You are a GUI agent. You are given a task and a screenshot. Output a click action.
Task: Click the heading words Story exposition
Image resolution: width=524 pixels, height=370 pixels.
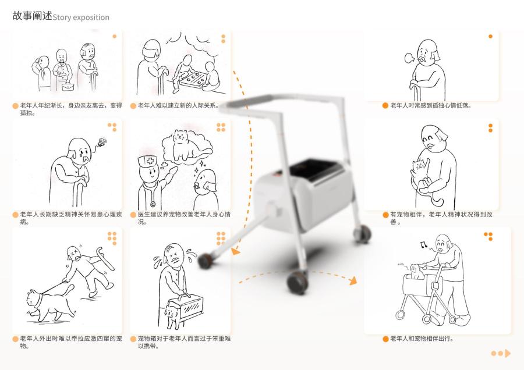pyautogui.click(x=81, y=17)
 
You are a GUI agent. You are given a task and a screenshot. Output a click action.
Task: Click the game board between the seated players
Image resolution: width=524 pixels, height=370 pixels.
pyautogui.click(x=191, y=80)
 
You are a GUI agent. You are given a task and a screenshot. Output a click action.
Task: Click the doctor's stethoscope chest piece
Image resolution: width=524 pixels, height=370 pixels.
pyautogui.click(x=153, y=204)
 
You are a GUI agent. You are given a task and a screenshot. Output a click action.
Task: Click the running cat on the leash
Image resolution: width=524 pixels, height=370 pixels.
pyautogui.click(x=50, y=304)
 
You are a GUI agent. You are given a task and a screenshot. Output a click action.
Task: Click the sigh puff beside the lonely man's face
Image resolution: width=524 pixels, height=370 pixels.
pyautogui.click(x=409, y=58)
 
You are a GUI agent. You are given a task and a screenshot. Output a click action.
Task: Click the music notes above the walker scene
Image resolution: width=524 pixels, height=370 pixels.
pyautogui.click(x=424, y=245)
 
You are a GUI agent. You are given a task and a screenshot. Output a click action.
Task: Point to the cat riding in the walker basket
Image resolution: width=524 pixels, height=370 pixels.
pyautogui.click(x=415, y=271)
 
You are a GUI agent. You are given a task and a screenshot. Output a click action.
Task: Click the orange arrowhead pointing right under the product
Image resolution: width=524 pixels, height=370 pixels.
pyautogui.click(x=353, y=280)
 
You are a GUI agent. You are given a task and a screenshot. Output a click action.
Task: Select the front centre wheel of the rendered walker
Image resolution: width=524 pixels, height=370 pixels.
pyautogui.click(x=297, y=283)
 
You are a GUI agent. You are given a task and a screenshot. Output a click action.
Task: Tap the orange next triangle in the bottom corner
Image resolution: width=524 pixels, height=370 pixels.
pyautogui.click(x=508, y=353)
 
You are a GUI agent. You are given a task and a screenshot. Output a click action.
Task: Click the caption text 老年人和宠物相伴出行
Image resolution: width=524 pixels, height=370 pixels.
pyautogui.click(x=421, y=339)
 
